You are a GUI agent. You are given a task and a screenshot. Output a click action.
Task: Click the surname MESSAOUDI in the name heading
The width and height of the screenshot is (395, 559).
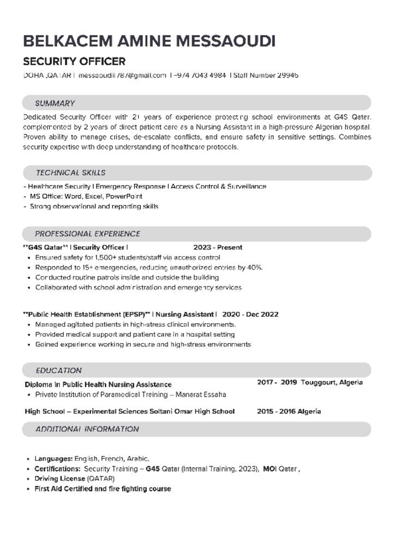pos(224,41)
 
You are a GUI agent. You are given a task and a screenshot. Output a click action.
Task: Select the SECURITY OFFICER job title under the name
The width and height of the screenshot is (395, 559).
pos(74,61)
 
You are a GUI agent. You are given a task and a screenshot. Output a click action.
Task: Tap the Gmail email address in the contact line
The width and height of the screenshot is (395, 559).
pos(122,75)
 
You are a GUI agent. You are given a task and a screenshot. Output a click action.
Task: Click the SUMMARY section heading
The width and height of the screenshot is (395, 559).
pos(55,103)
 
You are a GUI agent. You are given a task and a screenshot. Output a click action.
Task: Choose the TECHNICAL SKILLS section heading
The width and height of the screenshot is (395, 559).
pos(71,173)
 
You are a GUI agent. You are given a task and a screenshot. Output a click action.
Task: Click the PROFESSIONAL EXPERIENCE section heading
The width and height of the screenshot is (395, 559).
pos(88,234)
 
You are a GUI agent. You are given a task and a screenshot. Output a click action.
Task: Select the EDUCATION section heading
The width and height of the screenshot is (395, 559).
pos(59,370)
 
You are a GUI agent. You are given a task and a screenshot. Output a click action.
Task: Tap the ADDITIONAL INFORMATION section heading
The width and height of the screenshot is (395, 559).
pos(87,429)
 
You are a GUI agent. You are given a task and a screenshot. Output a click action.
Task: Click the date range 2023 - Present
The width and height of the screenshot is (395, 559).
pos(218,247)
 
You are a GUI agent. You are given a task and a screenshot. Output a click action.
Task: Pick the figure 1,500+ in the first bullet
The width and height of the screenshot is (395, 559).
pos(106,257)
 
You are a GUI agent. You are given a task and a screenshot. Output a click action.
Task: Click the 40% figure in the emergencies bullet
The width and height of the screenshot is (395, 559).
pos(254,267)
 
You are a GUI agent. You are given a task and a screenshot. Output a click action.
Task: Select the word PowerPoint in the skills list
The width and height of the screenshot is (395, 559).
pos(124,197)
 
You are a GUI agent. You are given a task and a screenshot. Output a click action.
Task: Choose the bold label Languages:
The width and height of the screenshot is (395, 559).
pos(53,459)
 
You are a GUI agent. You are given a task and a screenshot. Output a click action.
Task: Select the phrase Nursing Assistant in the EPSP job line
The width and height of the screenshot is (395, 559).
pos(185,314)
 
